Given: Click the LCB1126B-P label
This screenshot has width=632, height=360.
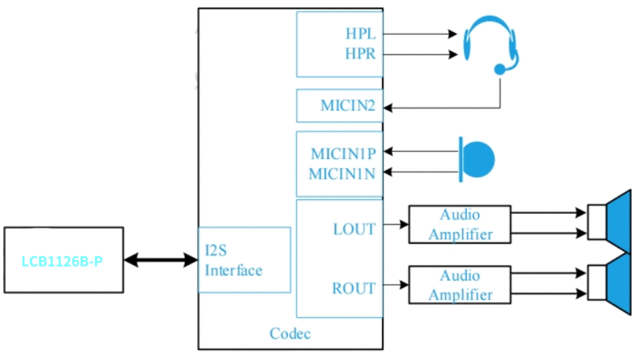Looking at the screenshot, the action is tap(62, 261).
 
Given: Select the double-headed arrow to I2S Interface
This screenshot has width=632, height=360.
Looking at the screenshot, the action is tap(161, 260).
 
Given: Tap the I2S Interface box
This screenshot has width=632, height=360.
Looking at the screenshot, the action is tap(244, 260).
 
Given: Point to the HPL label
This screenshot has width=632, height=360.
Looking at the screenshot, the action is tap(361, 34).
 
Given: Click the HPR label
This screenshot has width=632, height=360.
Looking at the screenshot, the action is tap(360, 53).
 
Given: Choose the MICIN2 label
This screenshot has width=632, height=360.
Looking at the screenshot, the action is tap(348, 105).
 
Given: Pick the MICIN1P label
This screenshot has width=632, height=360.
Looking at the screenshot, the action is tap(343, 153).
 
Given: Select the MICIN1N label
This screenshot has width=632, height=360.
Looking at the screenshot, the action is tap(342, 174).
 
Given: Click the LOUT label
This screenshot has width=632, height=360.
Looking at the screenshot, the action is tap(354, 229).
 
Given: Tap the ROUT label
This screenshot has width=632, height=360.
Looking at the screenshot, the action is tap(354, 288).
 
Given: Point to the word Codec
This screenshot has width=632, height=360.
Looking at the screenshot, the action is tap(290, 334).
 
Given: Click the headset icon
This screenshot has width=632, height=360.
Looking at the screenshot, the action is tap(490, 45).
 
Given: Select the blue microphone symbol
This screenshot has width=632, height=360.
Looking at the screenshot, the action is tap(476, 159).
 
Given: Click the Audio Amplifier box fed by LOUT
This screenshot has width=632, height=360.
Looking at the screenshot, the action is tap(460, 224).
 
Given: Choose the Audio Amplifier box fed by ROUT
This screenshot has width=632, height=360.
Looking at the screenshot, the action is tap(460, 285).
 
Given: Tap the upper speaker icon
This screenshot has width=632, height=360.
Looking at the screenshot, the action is tap(609, 221).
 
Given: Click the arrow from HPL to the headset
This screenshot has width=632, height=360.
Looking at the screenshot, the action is tap(420, 34).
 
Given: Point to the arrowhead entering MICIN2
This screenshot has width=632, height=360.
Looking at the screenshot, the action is tap(388, 108).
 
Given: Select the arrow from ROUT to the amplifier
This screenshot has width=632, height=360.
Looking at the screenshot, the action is tap(396, 285).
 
